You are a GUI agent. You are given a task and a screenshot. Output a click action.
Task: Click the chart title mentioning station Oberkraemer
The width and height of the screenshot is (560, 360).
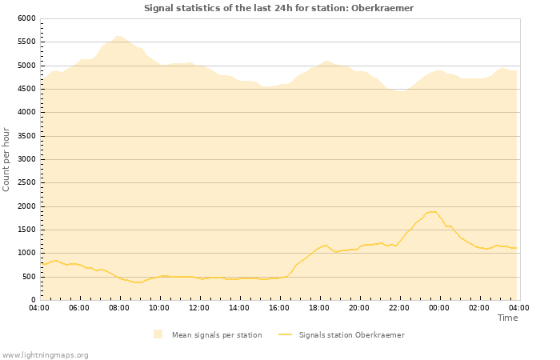click(279, 8)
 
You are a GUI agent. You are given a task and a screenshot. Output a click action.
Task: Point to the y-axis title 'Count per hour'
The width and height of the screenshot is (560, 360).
click(7, 158)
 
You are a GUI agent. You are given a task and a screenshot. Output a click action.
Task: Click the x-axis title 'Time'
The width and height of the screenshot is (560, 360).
click(507, 318)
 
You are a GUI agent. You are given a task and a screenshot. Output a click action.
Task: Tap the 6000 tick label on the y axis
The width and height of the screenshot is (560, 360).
click(26, 18)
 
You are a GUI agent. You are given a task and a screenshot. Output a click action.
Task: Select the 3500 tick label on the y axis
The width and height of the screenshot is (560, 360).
click(26, 136)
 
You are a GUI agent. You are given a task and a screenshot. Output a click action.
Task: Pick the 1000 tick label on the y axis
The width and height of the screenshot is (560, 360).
click(26, 254)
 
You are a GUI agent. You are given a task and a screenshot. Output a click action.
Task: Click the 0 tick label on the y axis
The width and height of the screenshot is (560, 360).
click(33, 301)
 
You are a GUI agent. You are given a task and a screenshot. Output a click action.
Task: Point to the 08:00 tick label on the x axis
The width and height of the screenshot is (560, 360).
click(119, 308)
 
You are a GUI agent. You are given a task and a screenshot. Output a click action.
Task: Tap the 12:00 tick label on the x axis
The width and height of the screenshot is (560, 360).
click(199, 308)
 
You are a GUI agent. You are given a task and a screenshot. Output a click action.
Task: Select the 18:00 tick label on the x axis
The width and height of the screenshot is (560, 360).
click(319, 308)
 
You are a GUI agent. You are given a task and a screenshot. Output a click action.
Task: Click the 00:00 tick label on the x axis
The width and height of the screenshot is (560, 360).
click(439, 308)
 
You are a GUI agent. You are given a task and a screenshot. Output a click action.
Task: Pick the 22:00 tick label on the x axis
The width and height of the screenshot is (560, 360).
click(399, 308)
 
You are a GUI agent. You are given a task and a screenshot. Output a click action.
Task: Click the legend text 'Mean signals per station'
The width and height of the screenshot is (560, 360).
click(217, 334)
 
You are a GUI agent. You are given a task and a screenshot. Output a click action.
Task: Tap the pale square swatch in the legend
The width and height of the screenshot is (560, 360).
click(158, 334)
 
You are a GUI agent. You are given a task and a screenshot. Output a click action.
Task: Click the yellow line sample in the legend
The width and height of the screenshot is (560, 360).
click(286, 334)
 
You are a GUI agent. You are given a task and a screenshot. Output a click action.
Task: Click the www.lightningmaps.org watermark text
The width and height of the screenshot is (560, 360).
click(45, 354)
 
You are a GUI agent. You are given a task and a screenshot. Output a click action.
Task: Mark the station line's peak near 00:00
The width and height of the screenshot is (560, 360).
click(433, 212)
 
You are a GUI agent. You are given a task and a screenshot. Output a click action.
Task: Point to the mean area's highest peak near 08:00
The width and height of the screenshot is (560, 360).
click(118, 36)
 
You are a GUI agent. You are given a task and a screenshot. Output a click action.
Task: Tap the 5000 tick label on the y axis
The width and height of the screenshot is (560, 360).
click(26, 66)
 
